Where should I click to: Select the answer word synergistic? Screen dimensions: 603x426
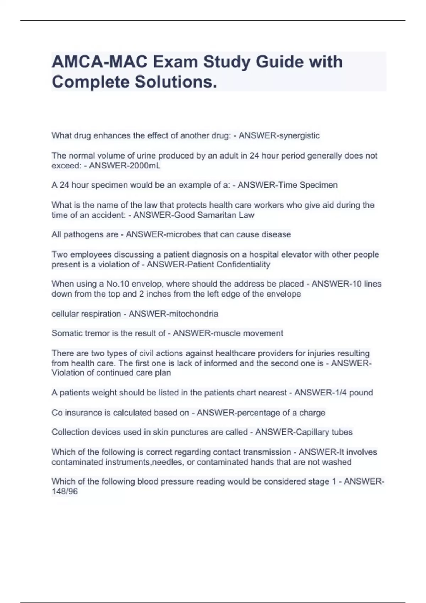click(300, 135)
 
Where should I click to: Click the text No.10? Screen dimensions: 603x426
click(113, 284)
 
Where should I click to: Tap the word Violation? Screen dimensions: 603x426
click(67, 373)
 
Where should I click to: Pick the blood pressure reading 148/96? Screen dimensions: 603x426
click(65, 492)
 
